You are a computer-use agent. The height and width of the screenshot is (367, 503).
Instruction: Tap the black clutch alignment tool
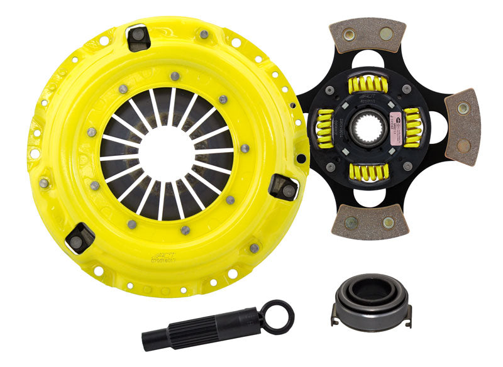(x=208, y=326)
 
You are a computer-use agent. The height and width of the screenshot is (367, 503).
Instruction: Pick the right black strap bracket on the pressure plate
(x=282, y=187)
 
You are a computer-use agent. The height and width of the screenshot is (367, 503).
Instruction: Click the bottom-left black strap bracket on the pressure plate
(x=80, y=237)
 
